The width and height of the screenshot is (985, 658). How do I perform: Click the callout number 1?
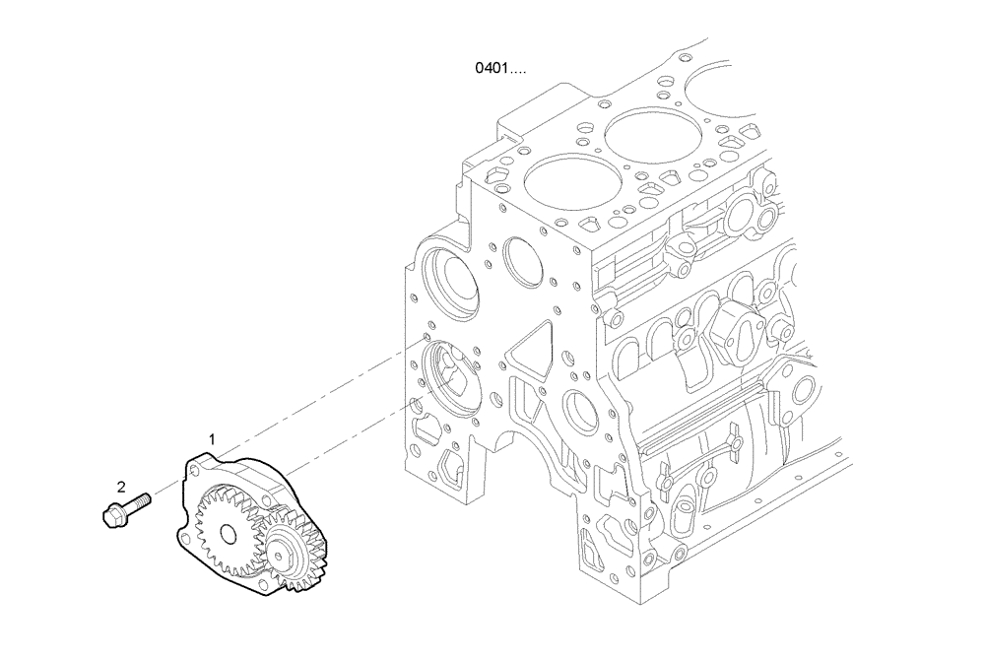click(x=211, y=435)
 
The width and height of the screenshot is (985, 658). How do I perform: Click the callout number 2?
click(x=121, y=486)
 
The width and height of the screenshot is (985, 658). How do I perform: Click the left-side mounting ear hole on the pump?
click(x=183, y=538)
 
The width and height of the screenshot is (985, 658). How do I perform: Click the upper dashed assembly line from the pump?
click(x=315, y=394)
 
